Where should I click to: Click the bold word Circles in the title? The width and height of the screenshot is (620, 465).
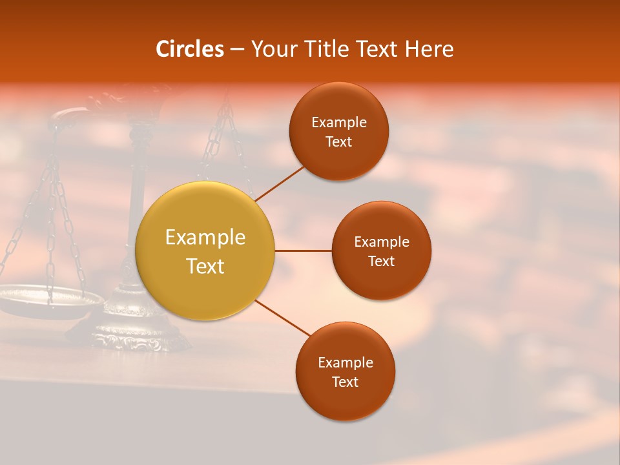pos(189,49)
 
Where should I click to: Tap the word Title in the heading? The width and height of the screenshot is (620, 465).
pos(325,49)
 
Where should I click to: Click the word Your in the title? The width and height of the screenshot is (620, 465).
pos(274,49)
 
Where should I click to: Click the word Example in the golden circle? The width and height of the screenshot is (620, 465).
pos(205,238)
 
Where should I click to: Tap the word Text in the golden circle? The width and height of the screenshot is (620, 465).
pos(205,266)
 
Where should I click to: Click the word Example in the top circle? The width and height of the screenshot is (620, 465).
pos(338,123)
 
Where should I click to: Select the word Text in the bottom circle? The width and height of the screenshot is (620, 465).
pos(345,382)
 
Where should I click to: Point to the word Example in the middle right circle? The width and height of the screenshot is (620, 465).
pos(381,242)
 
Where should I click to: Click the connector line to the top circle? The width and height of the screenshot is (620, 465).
pos(280,183)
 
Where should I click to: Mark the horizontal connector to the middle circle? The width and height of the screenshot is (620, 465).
pos(303,251)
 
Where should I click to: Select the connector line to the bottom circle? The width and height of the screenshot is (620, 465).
pos(283,318)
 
